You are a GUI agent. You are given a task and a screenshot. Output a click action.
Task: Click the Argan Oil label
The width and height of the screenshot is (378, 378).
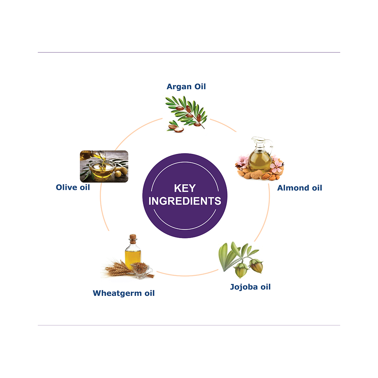[x=186, y=87]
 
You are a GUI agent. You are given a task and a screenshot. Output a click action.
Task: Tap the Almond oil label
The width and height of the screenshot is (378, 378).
[x=299, y=188]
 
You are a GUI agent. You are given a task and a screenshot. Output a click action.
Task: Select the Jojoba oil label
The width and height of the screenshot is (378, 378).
[x=250, y=287]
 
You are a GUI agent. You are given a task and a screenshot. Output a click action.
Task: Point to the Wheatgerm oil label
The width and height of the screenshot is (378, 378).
[x=124, y=293]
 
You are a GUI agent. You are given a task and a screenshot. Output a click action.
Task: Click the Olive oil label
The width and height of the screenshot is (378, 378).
[x=73, y=187]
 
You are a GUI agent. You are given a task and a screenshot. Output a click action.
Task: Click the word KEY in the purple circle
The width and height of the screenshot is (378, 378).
[x=185, y=188]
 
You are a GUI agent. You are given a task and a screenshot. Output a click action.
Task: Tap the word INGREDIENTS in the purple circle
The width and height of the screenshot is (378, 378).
[x=185, y=201]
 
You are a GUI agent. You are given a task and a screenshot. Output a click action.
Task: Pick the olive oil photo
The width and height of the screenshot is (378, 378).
[x=104, y=166]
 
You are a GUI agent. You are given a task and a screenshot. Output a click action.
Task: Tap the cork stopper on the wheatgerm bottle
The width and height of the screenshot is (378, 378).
[x=133, y=238]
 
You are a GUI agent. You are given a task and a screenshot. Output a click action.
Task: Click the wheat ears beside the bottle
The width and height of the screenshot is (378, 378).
[x=118, y=269]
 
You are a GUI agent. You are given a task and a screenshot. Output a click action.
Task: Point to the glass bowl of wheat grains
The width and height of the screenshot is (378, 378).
[x=141, y=270]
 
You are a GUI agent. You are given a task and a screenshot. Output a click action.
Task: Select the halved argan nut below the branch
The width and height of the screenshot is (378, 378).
[x=177, y=129]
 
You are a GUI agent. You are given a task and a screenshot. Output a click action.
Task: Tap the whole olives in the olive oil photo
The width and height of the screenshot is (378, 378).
[x=121, y=171]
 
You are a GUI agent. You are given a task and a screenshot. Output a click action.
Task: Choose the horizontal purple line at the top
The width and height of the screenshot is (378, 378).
[x=189, y=52]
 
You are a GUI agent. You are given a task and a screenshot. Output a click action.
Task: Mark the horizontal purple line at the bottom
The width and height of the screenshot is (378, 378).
[x=189, y=325]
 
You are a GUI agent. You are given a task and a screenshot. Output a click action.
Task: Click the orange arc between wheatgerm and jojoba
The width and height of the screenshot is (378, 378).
[x=187, y=275]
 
